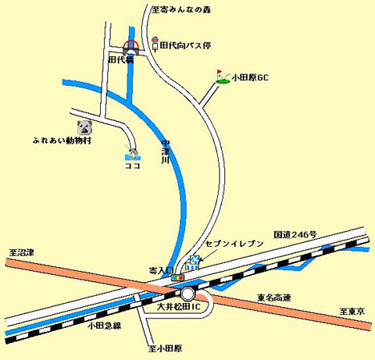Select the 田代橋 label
[x=120, y=59]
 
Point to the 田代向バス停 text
[x=185, y=45]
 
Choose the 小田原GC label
[x=252, y=79]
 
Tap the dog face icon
[x=84, y=126]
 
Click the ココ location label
[x=131, y=165]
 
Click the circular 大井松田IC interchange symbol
[x=187, y=294]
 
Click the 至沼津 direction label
[x=23, y=253]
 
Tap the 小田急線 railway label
[x=104, y=326]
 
